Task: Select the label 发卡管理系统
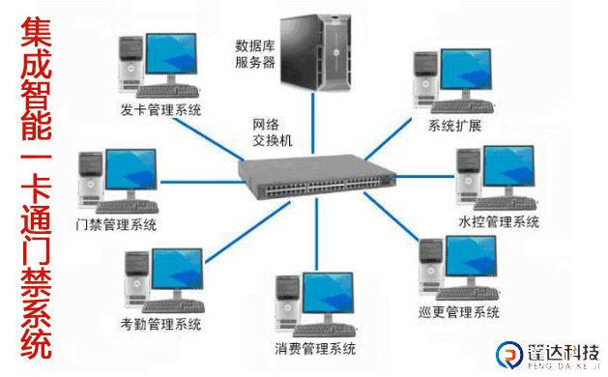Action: [161, 110]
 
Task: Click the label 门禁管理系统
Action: [116, 225]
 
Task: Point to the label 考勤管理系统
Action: [161, 323]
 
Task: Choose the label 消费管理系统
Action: [315, 348]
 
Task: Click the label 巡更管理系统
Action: [460, 312]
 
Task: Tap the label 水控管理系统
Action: [498, 222]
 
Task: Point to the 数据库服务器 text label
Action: [255, 53]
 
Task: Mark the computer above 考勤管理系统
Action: [160, 279]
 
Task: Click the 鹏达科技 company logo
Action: [545, 355]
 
